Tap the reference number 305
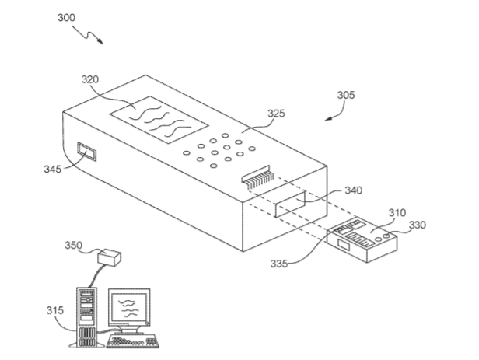(347, 96)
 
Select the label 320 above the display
(91, 79)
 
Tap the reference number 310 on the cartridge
(397, 212)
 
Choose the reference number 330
(420, 225)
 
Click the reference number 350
(72, 246)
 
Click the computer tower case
(87, 316)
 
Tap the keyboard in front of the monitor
(135, 341)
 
